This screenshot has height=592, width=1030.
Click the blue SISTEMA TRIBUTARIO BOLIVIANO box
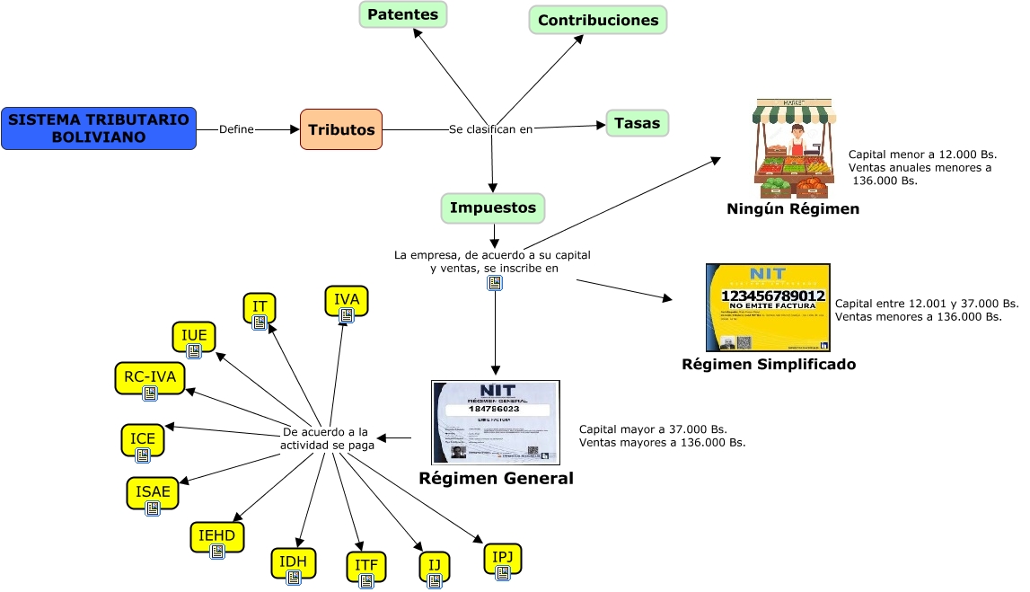[99, 128]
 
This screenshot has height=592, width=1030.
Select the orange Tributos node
[341, 129]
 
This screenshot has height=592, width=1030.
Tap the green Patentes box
[403, 14]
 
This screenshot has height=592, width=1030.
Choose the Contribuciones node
[598, 20]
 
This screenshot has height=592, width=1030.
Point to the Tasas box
[637, 123]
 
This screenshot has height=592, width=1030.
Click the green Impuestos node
[493, 208]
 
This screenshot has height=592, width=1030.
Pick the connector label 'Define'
[236, 129]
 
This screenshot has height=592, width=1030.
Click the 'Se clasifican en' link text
[490, 129]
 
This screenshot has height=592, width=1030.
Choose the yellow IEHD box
[216, 537]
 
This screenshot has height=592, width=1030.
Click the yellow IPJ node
[502, 559]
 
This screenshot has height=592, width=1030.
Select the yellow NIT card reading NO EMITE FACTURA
[768, 307]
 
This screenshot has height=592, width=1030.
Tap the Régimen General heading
[496, 479]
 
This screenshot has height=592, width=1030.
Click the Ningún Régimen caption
[793, 209]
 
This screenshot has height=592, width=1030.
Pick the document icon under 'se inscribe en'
[494, 283]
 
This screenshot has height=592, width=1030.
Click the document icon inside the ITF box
[366, 580]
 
